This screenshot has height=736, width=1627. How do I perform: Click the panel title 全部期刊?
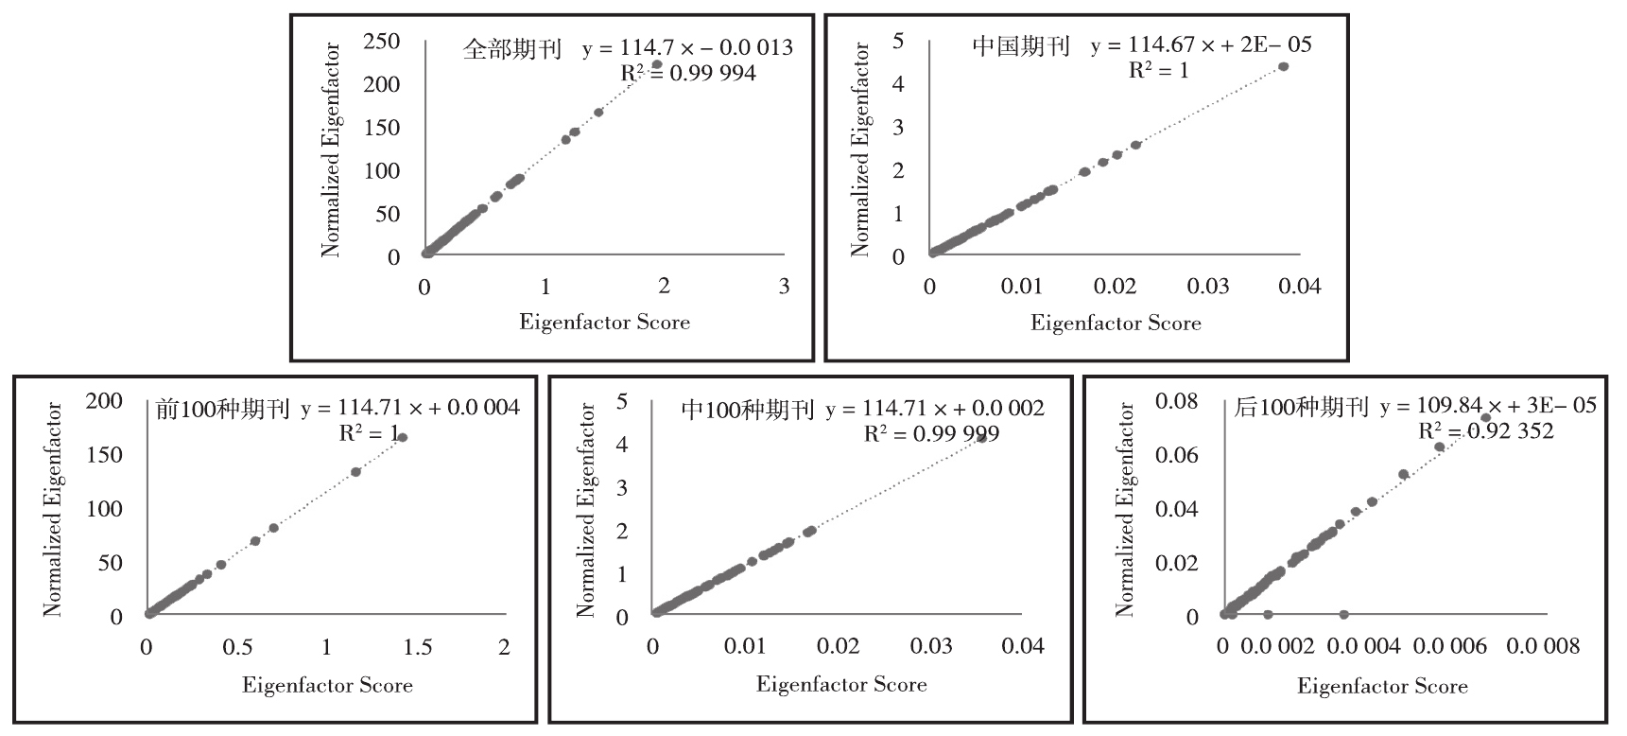click(512, 49)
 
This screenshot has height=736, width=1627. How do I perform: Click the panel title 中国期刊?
click(1021, 46)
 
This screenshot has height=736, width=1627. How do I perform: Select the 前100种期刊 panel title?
click(222, 409)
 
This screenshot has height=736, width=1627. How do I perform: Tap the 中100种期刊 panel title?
click(748, 409)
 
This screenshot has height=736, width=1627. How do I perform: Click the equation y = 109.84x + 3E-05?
click(1488, 407)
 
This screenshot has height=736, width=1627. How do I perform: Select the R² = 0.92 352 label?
click(1486, 431)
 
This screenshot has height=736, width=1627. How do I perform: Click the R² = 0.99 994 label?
click(688, 73)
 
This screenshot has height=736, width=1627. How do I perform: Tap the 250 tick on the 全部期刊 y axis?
click(382, 41)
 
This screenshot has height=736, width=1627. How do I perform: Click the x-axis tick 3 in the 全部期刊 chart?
click(784, 287)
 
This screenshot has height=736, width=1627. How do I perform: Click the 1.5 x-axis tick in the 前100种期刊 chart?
click(418, 647)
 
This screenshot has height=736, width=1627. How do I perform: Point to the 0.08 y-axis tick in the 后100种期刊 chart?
click(1177, 401)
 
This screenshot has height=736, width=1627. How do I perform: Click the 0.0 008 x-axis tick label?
click(1543, 647)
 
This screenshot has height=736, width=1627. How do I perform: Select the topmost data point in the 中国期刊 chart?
click(1283, 66)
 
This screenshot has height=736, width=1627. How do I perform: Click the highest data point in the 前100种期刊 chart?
click(402, 437)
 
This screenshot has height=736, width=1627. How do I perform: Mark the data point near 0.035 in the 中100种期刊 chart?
click(981, 438)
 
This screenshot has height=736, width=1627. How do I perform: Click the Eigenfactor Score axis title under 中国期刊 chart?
click(1116, 324)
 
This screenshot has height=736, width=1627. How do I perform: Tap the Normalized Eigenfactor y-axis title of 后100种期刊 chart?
click(1125, 510)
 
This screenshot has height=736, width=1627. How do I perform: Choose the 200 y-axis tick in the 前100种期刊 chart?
click(104, 401)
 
